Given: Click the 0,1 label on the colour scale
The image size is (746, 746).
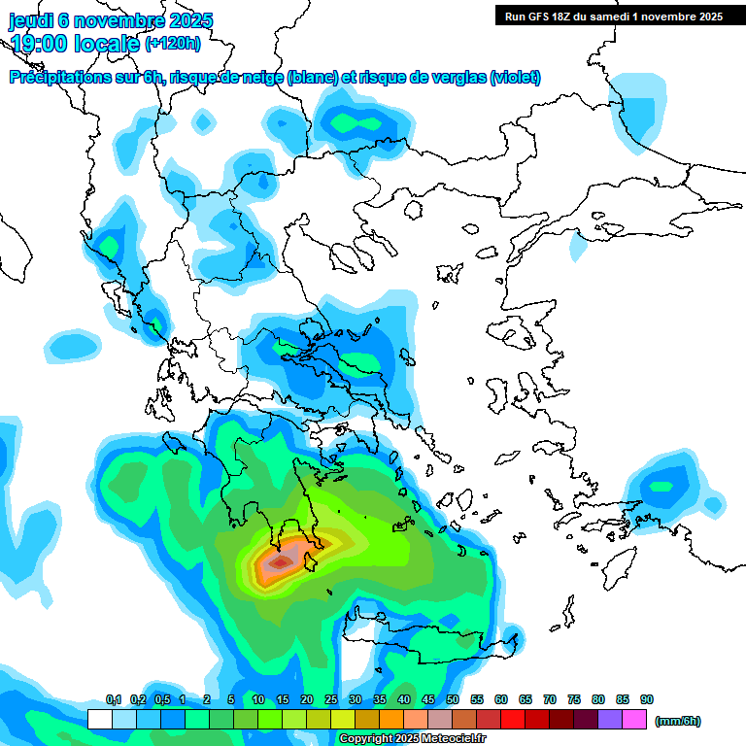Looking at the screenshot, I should pyautogui.click(x=113, y=700).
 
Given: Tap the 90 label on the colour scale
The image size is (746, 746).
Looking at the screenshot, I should pyautogui.click(x=647, y=700).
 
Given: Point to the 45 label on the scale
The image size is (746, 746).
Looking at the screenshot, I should pyautogui.click(x=428, y=700).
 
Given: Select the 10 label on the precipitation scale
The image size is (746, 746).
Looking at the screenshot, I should pyautogui.click(x=258, y=700).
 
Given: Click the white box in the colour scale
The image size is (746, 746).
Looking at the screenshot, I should pyautogui.click(x=99, y=719).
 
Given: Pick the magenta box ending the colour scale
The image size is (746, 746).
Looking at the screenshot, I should pyautogui.click(x=634, y=719).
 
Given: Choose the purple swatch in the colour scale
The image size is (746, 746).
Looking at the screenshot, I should pyautogui.click(x=610, y=719).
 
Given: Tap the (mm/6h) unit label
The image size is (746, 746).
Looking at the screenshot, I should pyautogui.click(x=678, y=721).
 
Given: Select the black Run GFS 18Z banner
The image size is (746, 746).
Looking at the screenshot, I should pyautogui.click(x=613, y=16).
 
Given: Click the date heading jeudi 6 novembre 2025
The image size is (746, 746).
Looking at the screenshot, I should pyautogui.click(x=111, y=20).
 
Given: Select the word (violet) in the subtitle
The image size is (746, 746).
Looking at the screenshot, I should pyautogui.click(x=516, y=78).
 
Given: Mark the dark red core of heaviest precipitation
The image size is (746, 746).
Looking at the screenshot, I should pyautogui.click(x=281, y=561).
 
